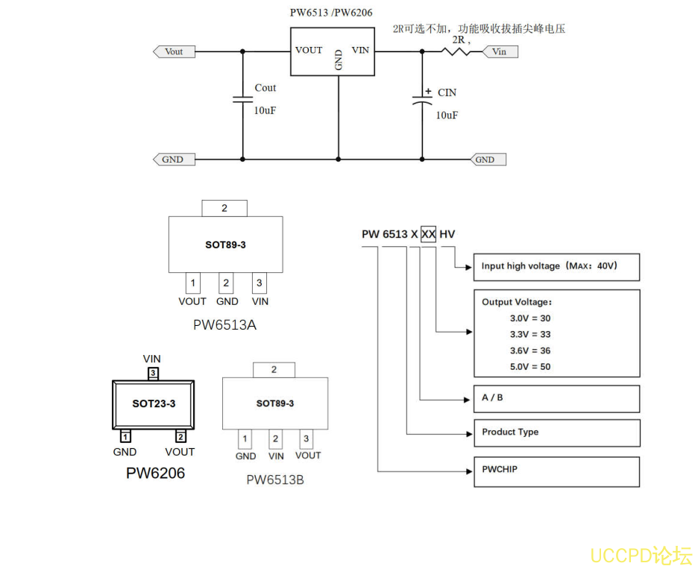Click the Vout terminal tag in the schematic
(174, 51)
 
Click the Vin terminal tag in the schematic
(500, 51)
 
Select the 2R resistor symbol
(456, 51)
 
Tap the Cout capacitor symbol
(242, 99)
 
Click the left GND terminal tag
(172, 159)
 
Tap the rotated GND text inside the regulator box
(339, 60)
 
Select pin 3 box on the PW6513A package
(259, 283)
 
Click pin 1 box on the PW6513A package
(193, 283)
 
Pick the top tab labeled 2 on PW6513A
(224, 208)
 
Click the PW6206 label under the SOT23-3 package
(155, 473)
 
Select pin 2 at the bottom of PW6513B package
(275, 438)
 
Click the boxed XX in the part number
(428, 234)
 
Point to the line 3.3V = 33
(530, 334)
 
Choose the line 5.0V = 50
(530, 366)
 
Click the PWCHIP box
(556, 471)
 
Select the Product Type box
(556, 433)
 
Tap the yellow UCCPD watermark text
(641, 555)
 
